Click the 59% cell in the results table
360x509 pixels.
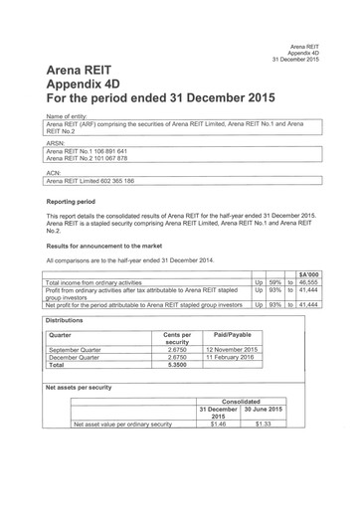point(274,282)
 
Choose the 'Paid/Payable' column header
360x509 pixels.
point(232,335)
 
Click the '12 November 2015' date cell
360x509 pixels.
point(232,349)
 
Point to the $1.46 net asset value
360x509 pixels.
point(218,424)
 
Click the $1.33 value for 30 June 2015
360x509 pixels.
point(263,424)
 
